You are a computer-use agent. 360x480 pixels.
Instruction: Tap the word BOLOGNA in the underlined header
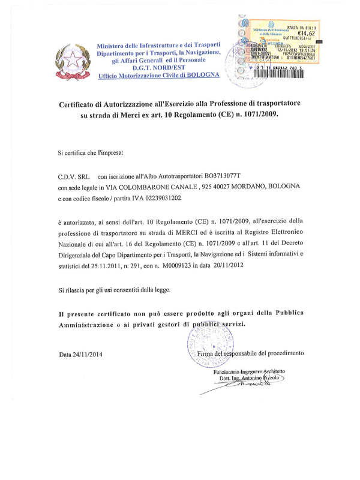pos(202,76)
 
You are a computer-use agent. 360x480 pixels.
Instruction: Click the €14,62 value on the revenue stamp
pos(306,34)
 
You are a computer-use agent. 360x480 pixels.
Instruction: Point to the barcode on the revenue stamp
pos(281,73)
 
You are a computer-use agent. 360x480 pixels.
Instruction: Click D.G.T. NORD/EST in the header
pos(159,69)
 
